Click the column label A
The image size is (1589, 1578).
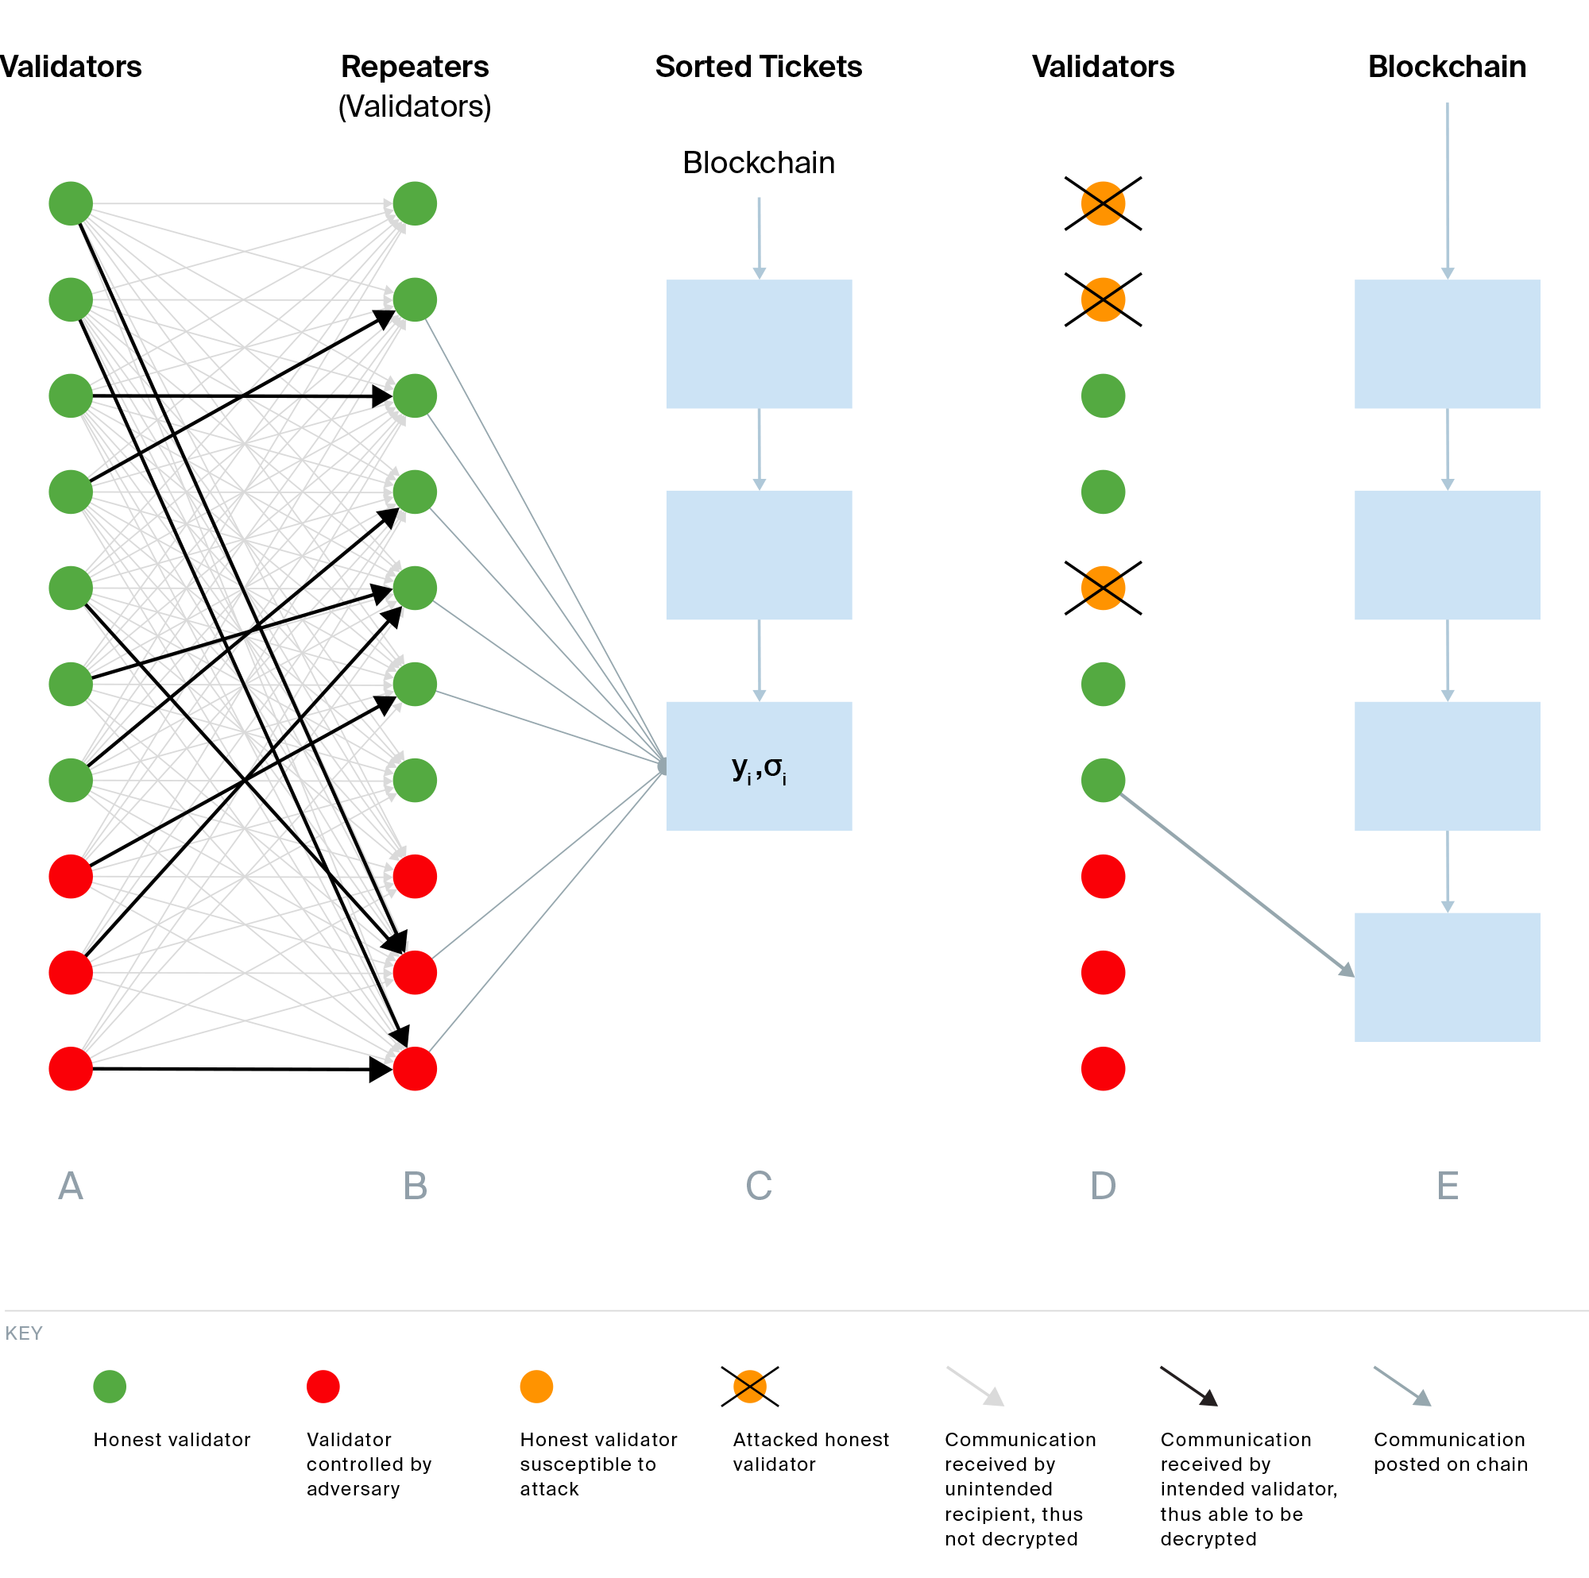coord(71,1186)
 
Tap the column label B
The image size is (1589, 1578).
coord(416,1186)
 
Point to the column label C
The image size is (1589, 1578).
coord(758,1186)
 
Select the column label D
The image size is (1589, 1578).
coord(1103,1186)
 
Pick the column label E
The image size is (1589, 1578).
coord(1448,1186)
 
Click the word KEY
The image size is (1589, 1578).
coord(24,1333)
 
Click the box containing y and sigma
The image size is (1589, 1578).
coord(758,766)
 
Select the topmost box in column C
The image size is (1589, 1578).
coord(758,344)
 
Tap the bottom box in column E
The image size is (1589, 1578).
coord(1447,977)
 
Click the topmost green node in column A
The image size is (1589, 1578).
coord(71,203)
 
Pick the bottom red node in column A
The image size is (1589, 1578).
coord(71,1068)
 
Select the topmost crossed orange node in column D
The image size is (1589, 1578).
coord(1103,203)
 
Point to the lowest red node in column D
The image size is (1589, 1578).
coord(1103,1068)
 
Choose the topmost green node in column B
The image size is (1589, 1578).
coord(415,203)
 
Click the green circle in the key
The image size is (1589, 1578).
coord(110,1387)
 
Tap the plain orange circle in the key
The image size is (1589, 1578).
coord(536,1387)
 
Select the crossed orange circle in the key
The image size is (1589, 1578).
coord(749,1387)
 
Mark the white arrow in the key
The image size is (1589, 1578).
coord(976,1386)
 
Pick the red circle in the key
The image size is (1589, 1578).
coord(323,1387)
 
